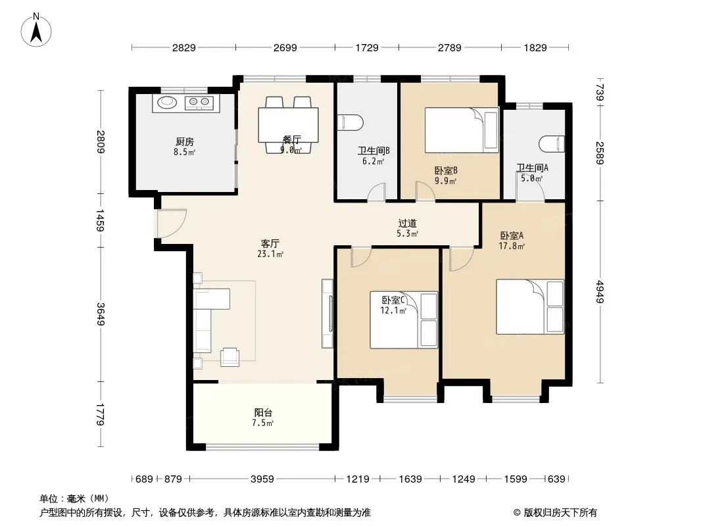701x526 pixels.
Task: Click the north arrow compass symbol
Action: pyautogui.click(x=36, y=30)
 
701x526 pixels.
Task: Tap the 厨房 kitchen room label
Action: pyautogui.click(x=184, y=142)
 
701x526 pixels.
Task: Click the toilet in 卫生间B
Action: pyautogui.click(x=350, y=123)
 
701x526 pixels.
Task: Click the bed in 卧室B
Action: pyautogui.click(x=462, y=130)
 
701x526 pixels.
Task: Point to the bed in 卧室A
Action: pyautogui.click(x=530, y=307)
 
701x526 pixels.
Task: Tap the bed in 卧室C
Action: pyautogui.click(x=403, y=320)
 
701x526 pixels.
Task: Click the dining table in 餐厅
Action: pyautogui.click(x=289, y=125)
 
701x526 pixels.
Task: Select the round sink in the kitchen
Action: pyautogui.click(x=167, y=103)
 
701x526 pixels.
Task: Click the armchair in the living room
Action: pyautogui.click(x=230, y=357)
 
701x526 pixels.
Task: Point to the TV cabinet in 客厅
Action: pyautogui.click(x=327, y=314)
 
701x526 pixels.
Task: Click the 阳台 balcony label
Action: pyautogui.click(x=263, y=412)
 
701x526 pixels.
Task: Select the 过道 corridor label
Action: pyautogui.click(x=407, y=222)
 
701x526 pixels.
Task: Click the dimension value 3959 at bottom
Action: pyautogui.click(x=262, y=479)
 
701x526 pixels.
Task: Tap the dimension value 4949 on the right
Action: pyautogui.click(x=600, y=292)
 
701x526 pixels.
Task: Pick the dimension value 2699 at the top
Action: pyautogui.click(x=285, y=47)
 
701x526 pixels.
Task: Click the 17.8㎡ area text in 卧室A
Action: pyautogui.click(x=512, y=246)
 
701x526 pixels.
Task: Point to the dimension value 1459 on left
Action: pyautogui.click(x=100, y=221)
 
